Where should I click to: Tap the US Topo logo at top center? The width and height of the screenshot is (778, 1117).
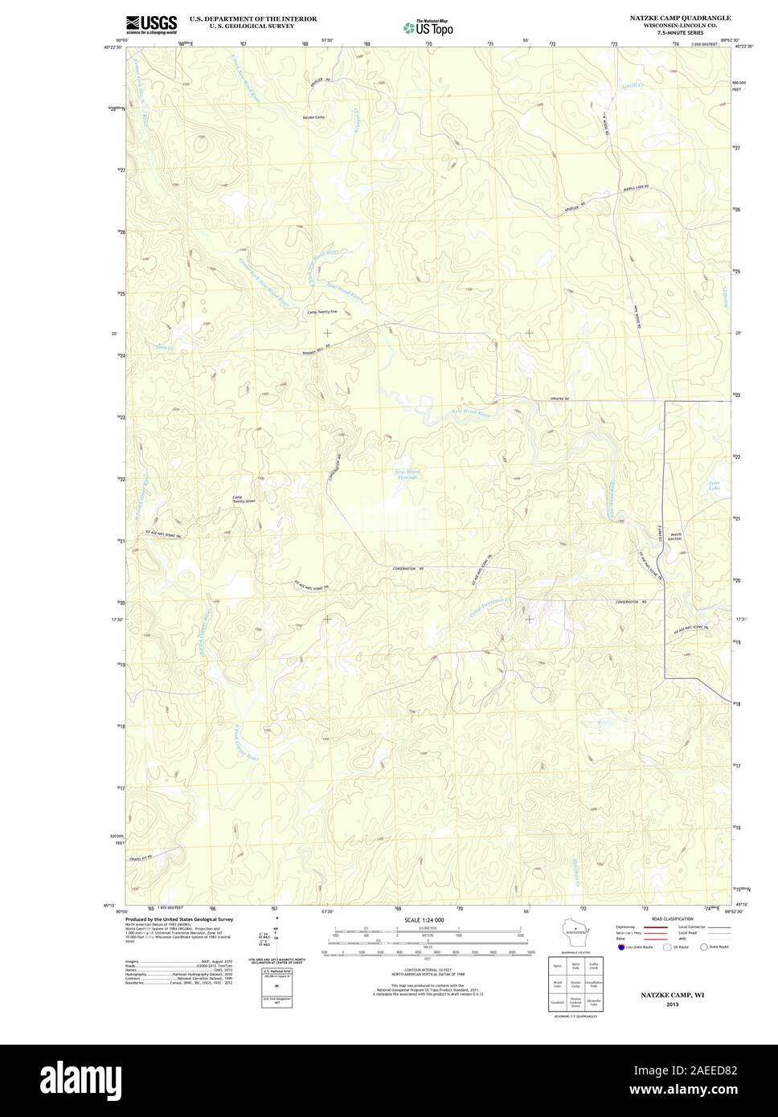click(x=428, y=27)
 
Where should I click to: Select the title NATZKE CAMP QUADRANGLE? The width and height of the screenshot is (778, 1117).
click(x=679, y=17)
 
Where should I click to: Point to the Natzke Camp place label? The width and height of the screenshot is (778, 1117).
click(x=313, y=118)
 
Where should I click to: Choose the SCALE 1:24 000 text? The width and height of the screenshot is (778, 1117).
click(x=424, y=919)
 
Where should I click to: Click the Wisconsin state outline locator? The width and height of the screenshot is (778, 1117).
click(x=574, y=931)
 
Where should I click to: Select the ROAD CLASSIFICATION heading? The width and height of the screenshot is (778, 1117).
click(x=674, y=918)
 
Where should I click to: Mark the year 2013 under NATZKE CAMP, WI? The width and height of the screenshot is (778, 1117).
click(x=671, y=1004)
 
